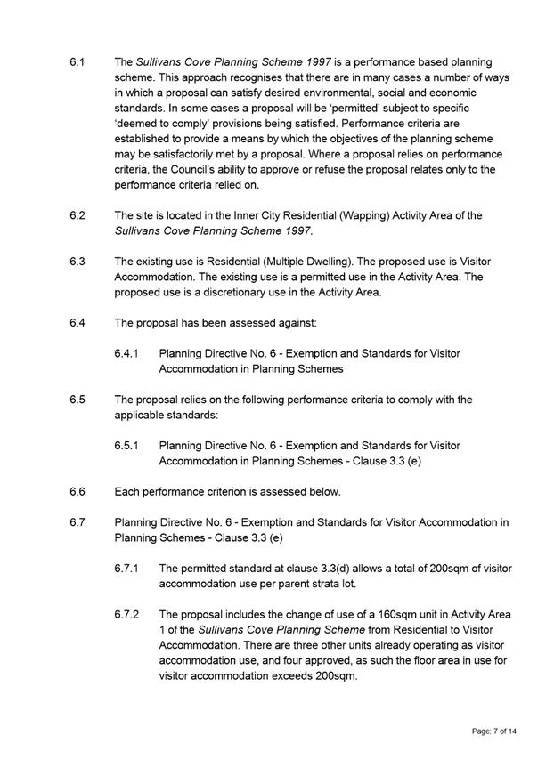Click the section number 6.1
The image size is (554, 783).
coord(77,62)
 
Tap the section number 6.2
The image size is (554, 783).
coord(77,215)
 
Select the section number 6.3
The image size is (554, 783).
coord(77,262)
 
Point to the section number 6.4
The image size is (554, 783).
coord(77,322)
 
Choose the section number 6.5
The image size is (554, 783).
coord(77,400)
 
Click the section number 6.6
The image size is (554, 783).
coord(77,491)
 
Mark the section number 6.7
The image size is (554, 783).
coord(77,521)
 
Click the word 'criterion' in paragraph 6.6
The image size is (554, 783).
coord(233,491)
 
